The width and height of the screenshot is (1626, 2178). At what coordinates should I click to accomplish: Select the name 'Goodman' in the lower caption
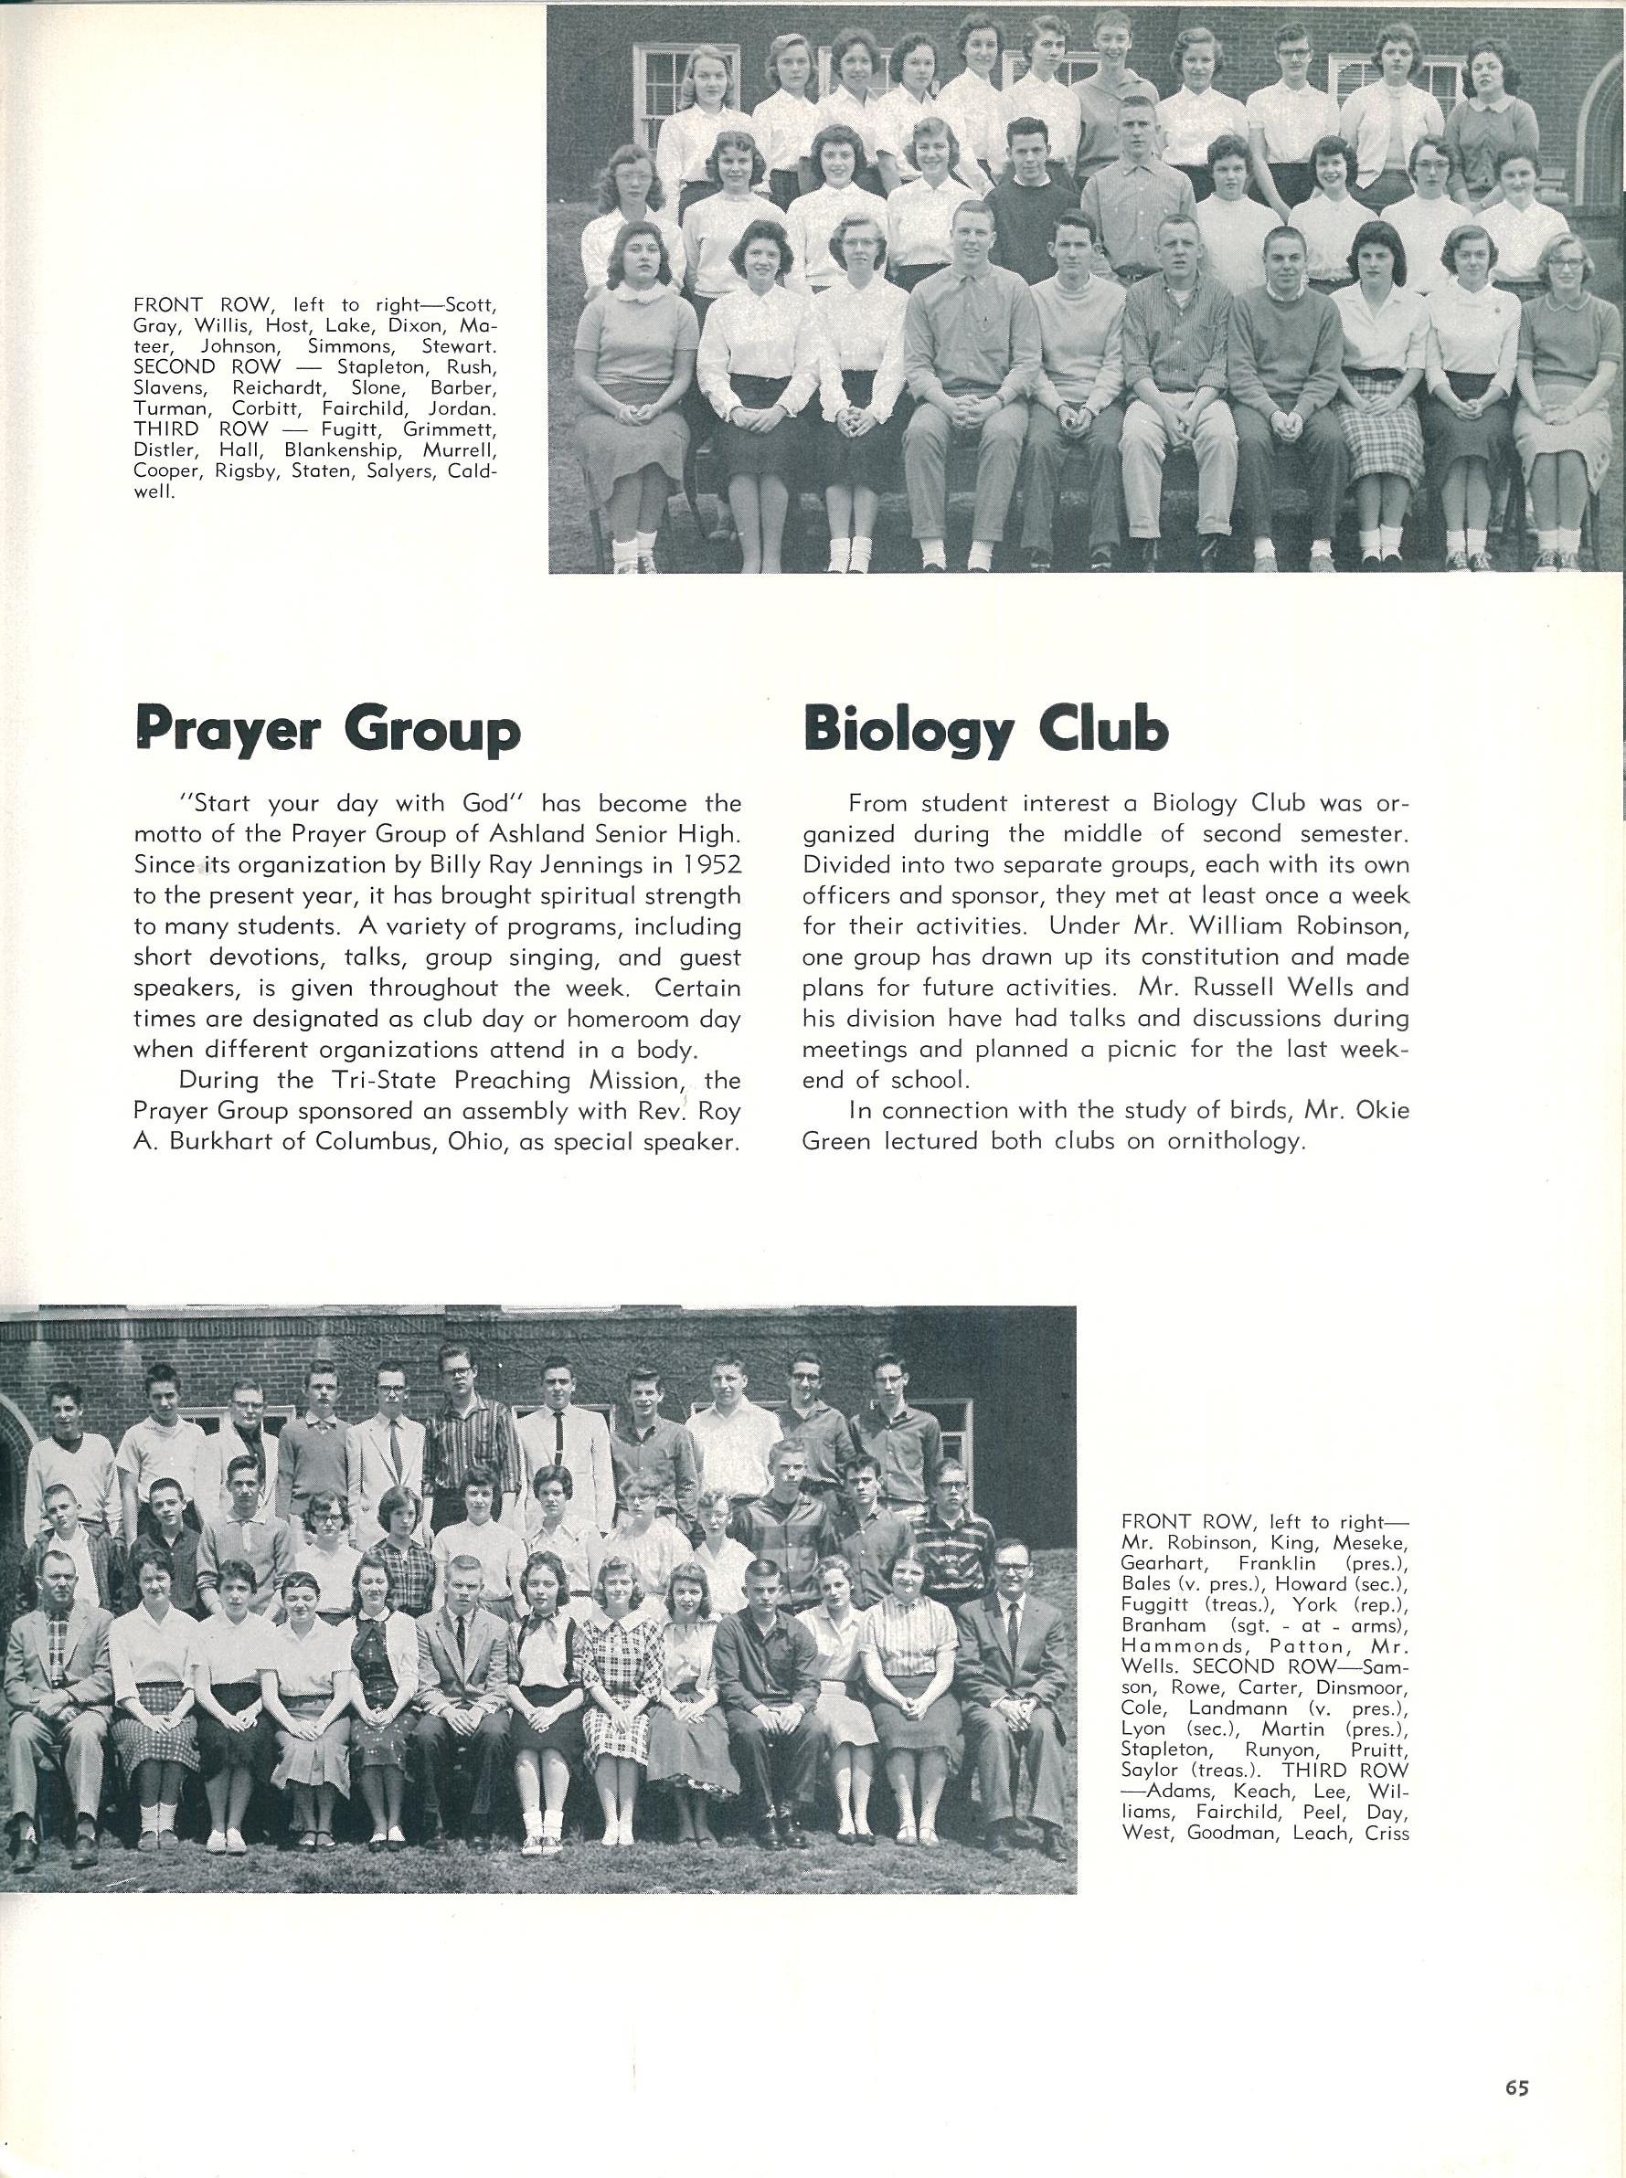1227,1833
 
